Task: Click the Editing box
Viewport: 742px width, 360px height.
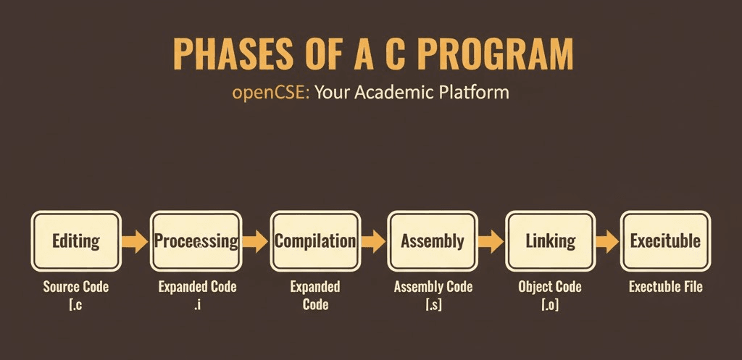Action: click(76, 241)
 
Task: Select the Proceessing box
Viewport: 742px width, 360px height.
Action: click(196, 241)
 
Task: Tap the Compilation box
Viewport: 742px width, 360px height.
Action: click(315, 241)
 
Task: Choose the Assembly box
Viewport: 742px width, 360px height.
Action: click(433, 241)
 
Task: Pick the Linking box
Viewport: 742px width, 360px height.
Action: click(551, 241)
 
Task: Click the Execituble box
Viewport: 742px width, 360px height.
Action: click(665, 241)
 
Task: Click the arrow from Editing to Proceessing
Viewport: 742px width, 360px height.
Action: click(136, 241)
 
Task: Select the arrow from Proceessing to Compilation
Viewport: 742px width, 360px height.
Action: click(256, 241)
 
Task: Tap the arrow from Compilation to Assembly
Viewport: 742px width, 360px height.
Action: click(374, 241)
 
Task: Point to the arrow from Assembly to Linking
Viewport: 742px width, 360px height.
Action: click(491, 241)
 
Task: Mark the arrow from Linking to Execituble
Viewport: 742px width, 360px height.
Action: click(608, 241)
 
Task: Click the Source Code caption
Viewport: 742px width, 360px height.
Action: click(75, 287)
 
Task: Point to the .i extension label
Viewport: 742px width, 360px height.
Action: click(197, 304)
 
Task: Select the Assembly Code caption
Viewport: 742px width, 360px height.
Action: click(433, 287)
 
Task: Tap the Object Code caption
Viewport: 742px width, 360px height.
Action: click(550, 287)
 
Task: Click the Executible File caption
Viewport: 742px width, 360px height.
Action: click(666, 287)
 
